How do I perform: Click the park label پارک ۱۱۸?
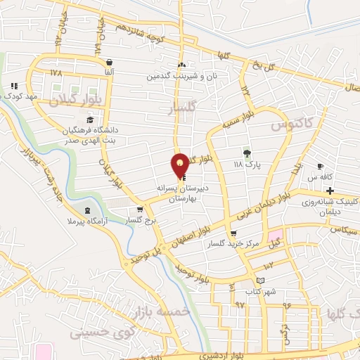(247, 164)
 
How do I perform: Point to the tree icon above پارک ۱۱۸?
(246, 153)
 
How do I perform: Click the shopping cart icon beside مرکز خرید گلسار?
(233, 234)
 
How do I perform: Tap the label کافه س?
(323, 177)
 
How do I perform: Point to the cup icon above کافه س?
(321, 167)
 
